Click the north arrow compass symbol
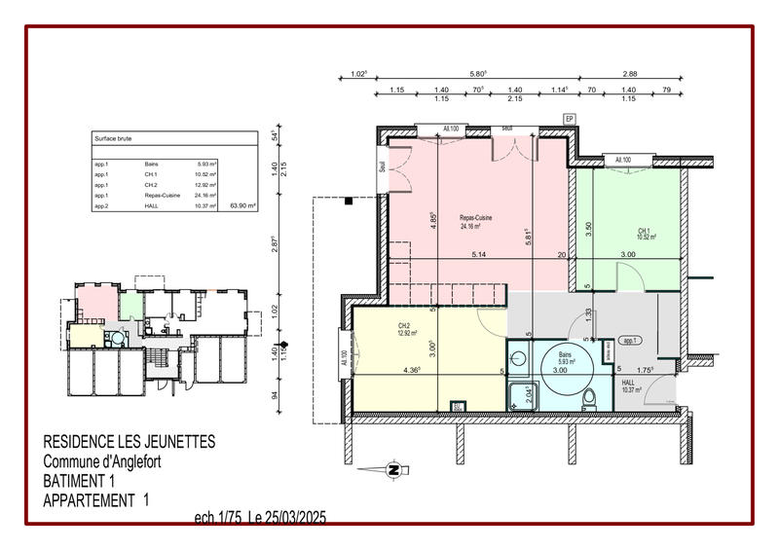[x=394, y=470]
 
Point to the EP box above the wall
[x=571, y=119]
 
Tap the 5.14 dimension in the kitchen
[x=478, y=255]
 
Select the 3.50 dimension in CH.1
[x=588, y=231]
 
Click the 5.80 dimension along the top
[x=477, y=74]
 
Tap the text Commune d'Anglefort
[x=103, y=461]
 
